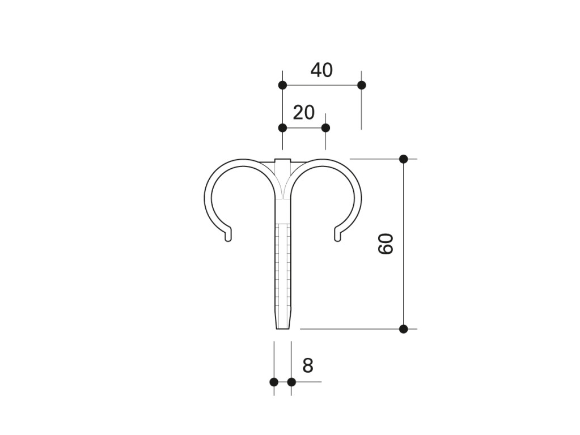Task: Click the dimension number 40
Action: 321,70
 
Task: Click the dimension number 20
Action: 304,112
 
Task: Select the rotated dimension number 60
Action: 386,244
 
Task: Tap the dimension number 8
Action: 308,365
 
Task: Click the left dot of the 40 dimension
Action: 282,85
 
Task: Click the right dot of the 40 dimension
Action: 362,85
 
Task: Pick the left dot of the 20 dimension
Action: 282,128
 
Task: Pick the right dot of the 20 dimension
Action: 325,128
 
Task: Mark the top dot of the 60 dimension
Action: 404,159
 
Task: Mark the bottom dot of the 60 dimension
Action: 404,329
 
